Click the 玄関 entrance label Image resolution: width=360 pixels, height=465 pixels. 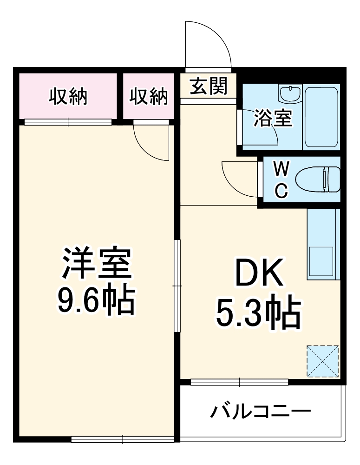point(209,86)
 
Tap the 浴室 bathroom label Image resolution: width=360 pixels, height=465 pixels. point(273,119)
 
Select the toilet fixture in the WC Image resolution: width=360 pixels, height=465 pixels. point(319,179)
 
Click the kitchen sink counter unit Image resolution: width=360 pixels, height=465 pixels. point(323,244)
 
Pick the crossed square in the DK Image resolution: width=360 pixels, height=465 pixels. point(322,361)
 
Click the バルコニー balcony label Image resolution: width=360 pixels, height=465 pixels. point(261,412)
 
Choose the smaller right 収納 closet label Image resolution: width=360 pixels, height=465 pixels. point(148,97)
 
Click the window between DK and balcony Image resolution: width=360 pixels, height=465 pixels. point(239,382)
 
